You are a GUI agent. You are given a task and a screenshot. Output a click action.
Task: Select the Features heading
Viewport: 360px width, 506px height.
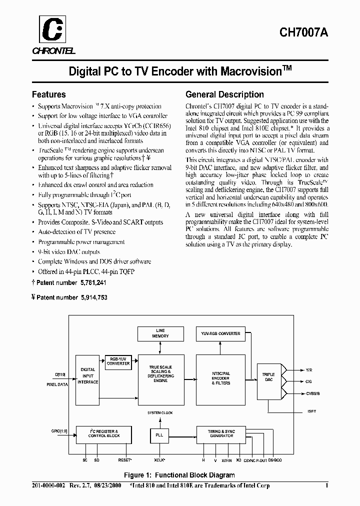coord(48,94)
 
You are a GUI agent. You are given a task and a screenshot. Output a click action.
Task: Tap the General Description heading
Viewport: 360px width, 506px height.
coord(224,94)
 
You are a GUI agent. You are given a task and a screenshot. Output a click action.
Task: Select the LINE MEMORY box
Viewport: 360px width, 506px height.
coord(160,334)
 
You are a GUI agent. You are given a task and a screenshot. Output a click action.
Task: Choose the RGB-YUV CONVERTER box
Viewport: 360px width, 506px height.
coord(117,362)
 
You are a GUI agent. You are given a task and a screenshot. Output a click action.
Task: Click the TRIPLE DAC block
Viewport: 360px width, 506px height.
coord(268,377)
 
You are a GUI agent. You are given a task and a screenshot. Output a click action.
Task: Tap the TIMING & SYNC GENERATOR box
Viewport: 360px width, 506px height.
coord(221,433)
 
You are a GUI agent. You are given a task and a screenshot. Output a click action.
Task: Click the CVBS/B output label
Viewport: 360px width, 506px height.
coord(313,394)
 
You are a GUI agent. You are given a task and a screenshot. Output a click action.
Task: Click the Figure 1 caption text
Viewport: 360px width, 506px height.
coord(179,475)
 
